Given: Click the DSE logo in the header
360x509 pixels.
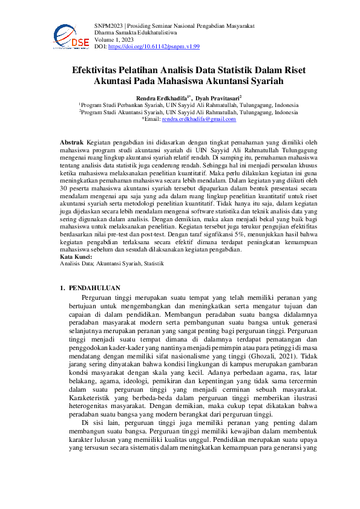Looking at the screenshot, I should (71, 36).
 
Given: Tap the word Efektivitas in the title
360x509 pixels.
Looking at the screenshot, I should (100, 70).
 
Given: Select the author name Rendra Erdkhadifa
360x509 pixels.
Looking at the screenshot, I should (159, 97).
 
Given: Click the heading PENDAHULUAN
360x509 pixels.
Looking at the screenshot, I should (94, 288).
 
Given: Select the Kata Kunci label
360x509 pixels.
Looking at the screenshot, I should (76, 257).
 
